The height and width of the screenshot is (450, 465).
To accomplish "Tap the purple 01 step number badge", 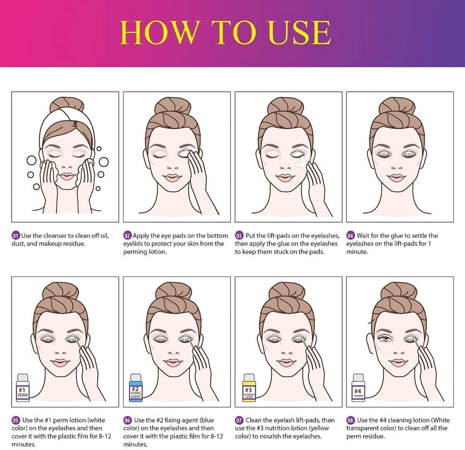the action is point(15,235).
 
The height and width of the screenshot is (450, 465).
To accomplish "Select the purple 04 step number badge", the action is point(350,235).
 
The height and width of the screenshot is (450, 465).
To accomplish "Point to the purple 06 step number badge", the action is point(127,420).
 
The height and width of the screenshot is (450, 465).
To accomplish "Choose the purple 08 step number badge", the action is point(350,420).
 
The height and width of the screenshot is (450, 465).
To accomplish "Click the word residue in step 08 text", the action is point(374,436).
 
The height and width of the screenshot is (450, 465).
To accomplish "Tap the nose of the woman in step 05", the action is point(61,352).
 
